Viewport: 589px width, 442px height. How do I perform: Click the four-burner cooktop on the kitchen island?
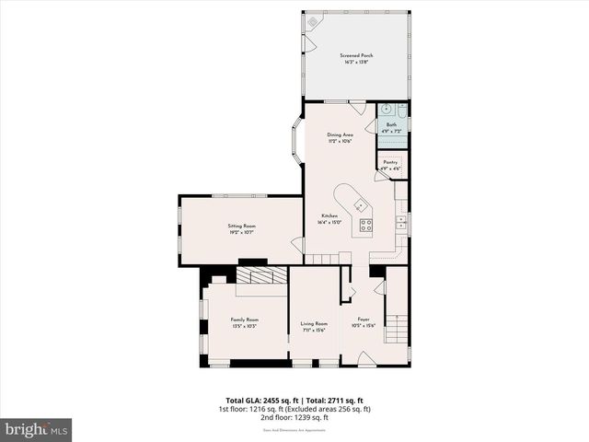[366, 224]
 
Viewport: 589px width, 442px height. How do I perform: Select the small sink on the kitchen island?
[359, 204]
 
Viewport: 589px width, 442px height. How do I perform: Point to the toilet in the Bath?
[402, 110]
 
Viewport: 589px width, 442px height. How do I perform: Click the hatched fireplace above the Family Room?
[263, 275]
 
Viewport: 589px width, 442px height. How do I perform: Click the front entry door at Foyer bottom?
[366, 363]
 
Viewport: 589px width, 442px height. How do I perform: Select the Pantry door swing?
[381, 169]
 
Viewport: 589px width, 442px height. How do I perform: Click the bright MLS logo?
[36, 430]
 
